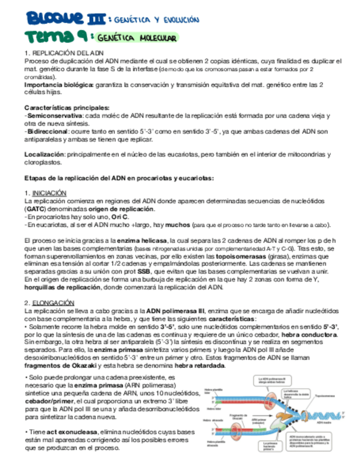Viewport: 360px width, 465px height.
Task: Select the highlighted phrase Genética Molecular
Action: [136, 38]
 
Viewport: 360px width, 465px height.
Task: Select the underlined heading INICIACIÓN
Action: [49, 194]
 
